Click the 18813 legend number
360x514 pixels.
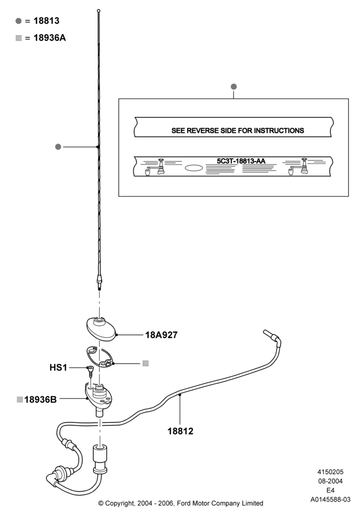coord(47,21)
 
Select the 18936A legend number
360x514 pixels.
coord(49,38)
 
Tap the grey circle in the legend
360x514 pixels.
coord(19,21)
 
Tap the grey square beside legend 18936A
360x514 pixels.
coord(19,39)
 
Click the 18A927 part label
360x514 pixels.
coord(161,335)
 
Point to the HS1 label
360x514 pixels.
coord(58,368)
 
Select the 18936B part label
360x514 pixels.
coord(40,399)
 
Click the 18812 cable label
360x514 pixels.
coord(181,431)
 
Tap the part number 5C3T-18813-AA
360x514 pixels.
coord(241,161)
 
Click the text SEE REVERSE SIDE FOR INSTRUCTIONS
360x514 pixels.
coord(238,131)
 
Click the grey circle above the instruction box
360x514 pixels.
coord(234,86)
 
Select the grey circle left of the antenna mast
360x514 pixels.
coord(58,147)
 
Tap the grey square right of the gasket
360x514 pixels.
coord(146,363)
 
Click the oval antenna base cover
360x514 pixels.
coord(101,329)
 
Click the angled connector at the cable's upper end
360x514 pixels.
coord(273,337)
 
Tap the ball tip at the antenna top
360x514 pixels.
coord(99,11)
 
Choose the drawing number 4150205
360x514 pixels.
coord(330,472)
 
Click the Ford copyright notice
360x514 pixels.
coord(181,503)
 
